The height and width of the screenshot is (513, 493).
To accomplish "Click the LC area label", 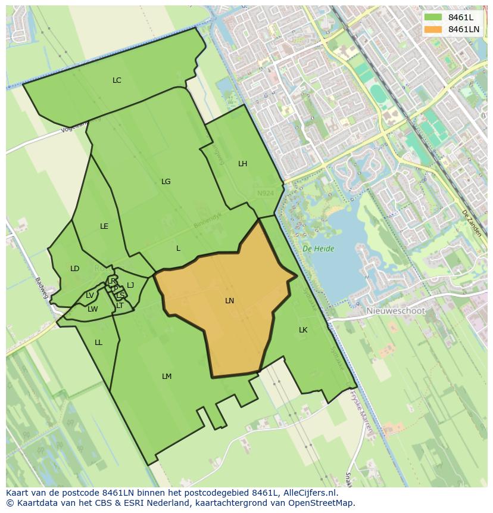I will click(x=117, y=80).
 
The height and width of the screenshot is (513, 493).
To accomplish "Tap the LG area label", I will click(x=166, y=182).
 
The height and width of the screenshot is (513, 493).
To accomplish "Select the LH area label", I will click(x=242, y=164).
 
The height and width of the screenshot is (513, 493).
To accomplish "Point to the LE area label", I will click(x=104, y=226).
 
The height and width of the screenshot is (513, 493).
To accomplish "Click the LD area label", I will click(x=74, y=269).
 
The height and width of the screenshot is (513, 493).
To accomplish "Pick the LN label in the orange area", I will click(x=229, y=301).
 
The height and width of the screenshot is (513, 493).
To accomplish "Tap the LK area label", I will click(x=303, y=330).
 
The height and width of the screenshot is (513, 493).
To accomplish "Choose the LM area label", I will click(x=167, y=377).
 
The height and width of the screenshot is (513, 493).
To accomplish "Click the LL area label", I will click(x=98, y=343).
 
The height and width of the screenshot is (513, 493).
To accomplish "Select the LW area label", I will click(x=92, y=309).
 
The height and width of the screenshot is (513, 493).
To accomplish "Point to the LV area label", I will click(x=89, y=296).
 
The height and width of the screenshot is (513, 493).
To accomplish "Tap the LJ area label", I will click(x=130, y=285).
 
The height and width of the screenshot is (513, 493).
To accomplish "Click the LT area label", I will click(x=120, y=306).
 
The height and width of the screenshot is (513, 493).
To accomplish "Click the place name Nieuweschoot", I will click(x=395, y=311).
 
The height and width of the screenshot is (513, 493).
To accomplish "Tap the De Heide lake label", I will click(x=318, y=249).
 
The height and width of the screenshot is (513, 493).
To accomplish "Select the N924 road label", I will click(x=266, y=194).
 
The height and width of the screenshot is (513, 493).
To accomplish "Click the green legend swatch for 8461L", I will click(x=433, y=17).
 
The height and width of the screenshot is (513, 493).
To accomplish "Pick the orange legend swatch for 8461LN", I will click(x=433, y=29).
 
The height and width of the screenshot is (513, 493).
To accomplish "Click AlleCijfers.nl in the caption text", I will click(x=310, y=493).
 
